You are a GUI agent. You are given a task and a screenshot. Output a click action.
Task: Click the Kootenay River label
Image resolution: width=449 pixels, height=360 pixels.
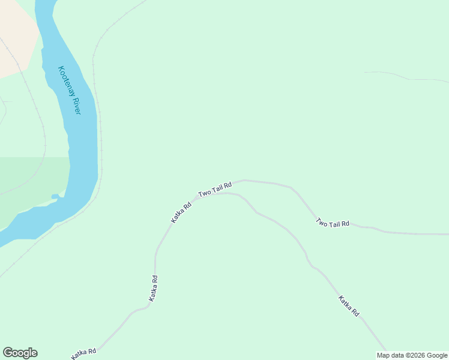[x=69, y=90]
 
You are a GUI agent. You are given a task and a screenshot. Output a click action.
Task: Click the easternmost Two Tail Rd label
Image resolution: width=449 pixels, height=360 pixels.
[x=333, y=223]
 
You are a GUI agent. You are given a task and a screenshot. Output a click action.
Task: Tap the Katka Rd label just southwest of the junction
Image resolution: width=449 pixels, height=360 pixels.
[x=181, y=212]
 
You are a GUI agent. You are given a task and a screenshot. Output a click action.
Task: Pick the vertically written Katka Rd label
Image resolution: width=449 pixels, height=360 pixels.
[x=154, y=288]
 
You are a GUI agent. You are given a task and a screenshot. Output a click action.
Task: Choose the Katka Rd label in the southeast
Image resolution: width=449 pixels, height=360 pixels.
[x=348, y=305]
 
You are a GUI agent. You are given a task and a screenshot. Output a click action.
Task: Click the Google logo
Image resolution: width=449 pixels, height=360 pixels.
[x=20, y=353]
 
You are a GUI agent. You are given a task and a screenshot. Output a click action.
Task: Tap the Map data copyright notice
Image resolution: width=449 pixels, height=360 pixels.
[x=412, y=355]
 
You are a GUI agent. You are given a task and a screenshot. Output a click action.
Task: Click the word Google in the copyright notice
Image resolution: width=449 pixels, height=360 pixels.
[x=437, y=355]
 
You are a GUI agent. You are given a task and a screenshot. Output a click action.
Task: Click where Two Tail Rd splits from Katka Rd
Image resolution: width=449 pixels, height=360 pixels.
[x=197, y=196]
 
